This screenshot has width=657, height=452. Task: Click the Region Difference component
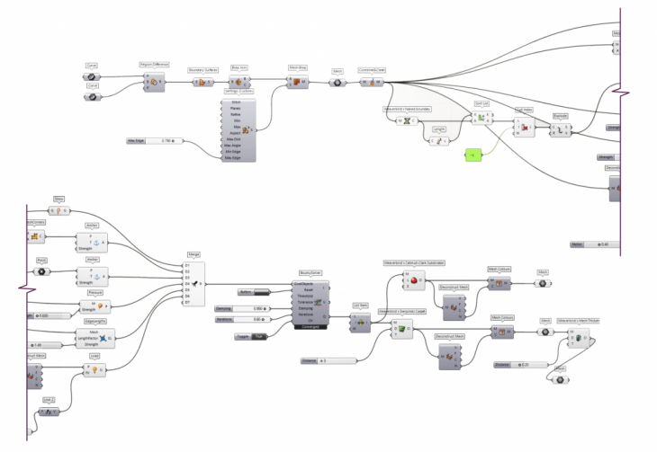click(x=154, y=82)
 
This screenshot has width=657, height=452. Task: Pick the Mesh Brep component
click(x=297, y=82)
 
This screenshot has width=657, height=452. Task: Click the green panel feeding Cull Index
click(x=496, y=155)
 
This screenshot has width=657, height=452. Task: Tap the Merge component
click(x=193, y=284)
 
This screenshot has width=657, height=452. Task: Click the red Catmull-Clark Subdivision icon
click(x=414, y=282)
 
